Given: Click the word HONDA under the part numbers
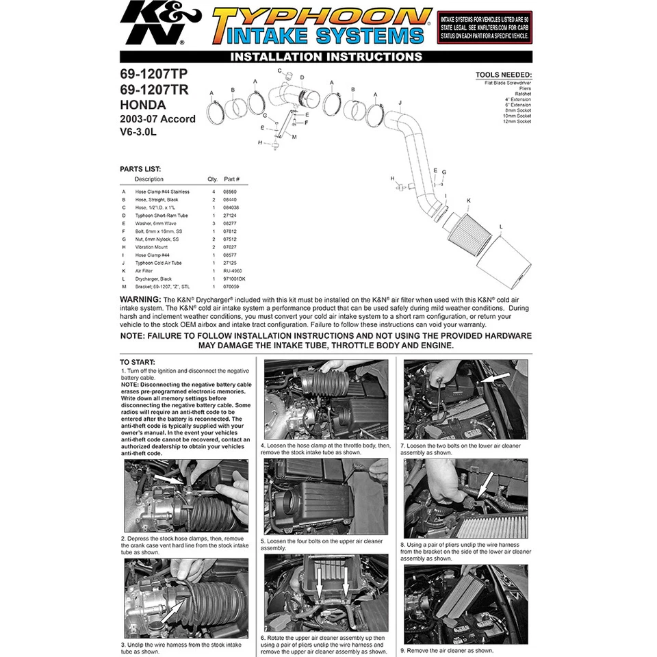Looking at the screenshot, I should (143, 105).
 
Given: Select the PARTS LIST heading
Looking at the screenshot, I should (140, 168).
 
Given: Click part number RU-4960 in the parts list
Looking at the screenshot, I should (232, 270).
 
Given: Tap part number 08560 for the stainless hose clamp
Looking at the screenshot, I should (231, 192).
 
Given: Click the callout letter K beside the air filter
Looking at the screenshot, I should (468, 201).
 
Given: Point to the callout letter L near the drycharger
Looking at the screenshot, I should (501, 226).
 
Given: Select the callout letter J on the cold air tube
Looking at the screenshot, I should (399, 102).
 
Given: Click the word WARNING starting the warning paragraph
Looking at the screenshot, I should (140, 300).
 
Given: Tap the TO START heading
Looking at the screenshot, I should (138, 361).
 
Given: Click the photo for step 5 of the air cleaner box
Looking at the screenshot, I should (326, 496).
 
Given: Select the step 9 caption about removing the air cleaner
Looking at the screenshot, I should (446, 650).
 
